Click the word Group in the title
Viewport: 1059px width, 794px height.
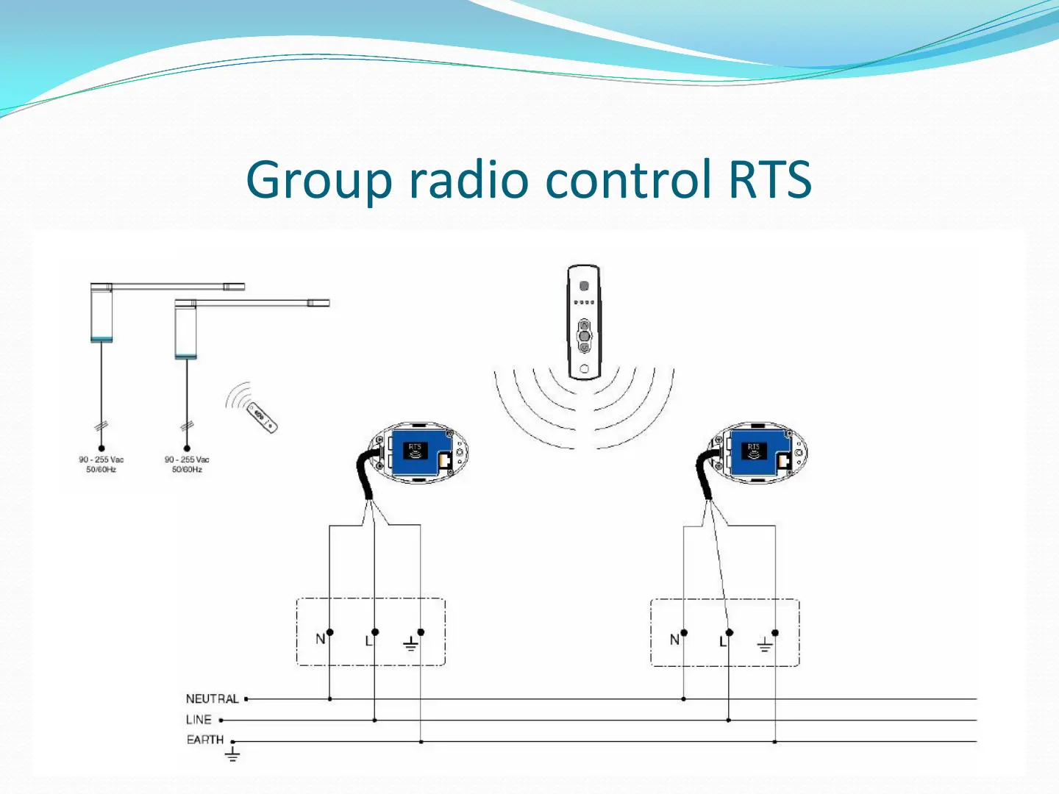318,180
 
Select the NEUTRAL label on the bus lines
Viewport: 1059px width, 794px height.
212,699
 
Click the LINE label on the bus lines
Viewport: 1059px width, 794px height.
199,720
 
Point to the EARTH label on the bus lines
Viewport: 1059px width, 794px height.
204,740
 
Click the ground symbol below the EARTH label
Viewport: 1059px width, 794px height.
232,754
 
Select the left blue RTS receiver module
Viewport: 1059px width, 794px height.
419,452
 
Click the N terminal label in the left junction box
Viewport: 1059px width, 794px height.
320,640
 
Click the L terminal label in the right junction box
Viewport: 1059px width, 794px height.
722,642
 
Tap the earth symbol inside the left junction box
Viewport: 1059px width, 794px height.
410,645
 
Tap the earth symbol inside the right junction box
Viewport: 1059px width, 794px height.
765,645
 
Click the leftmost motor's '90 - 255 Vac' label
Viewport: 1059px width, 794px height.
101,460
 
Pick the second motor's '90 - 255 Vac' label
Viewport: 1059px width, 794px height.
187,460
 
